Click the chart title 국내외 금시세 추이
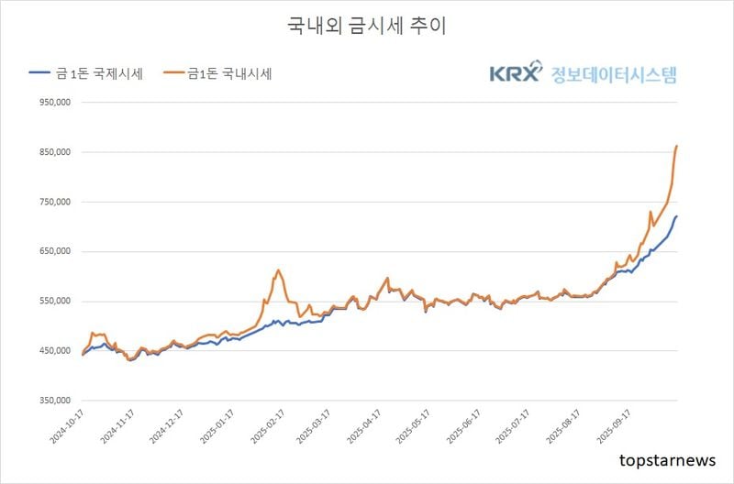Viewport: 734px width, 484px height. coord(367,27)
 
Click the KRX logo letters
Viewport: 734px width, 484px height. coord(517,73)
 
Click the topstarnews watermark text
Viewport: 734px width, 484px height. coord(666,459)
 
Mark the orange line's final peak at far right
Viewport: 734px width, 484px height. coord(676,146)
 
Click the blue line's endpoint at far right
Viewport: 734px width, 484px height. coord(676,216)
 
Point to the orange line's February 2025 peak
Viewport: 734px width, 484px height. coord(277,270)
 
